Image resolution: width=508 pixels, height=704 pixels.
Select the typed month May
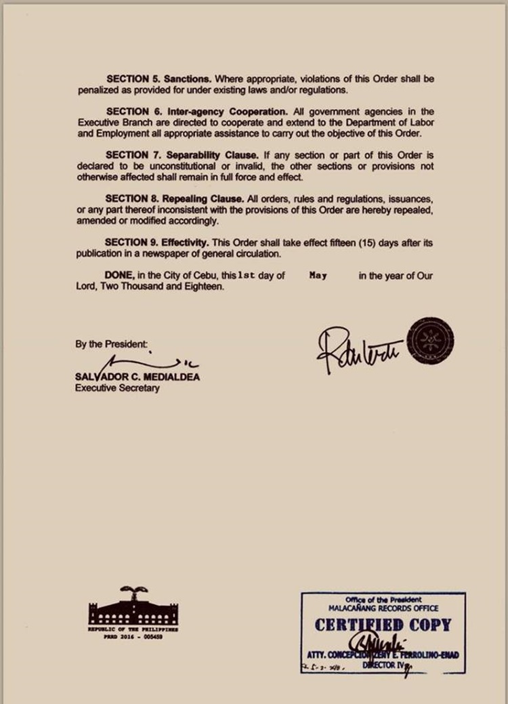[318, 276]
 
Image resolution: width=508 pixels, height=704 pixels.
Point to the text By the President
[111, 344]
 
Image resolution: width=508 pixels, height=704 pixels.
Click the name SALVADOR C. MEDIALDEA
[137, 377]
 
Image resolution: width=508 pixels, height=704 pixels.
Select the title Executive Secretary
[117, 388]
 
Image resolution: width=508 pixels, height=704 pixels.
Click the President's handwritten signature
[358, 349]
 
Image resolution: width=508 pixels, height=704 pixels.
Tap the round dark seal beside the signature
[431, 339]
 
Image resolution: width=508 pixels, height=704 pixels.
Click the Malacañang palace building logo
[133, 608]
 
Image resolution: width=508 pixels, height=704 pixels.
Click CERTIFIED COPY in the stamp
[383, 625]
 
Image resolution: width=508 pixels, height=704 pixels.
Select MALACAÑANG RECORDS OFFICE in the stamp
[383, 607]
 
